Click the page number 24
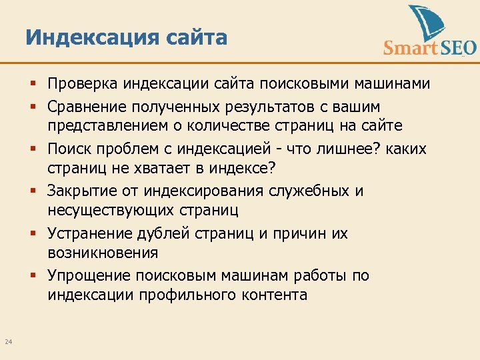pos(9,342)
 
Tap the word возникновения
pos(103,254)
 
